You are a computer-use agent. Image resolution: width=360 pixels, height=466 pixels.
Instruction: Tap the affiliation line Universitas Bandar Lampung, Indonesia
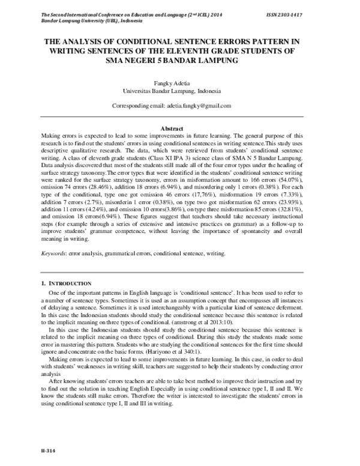(172, 91)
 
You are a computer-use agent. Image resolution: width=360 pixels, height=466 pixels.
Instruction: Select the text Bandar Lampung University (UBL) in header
(64, 19)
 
